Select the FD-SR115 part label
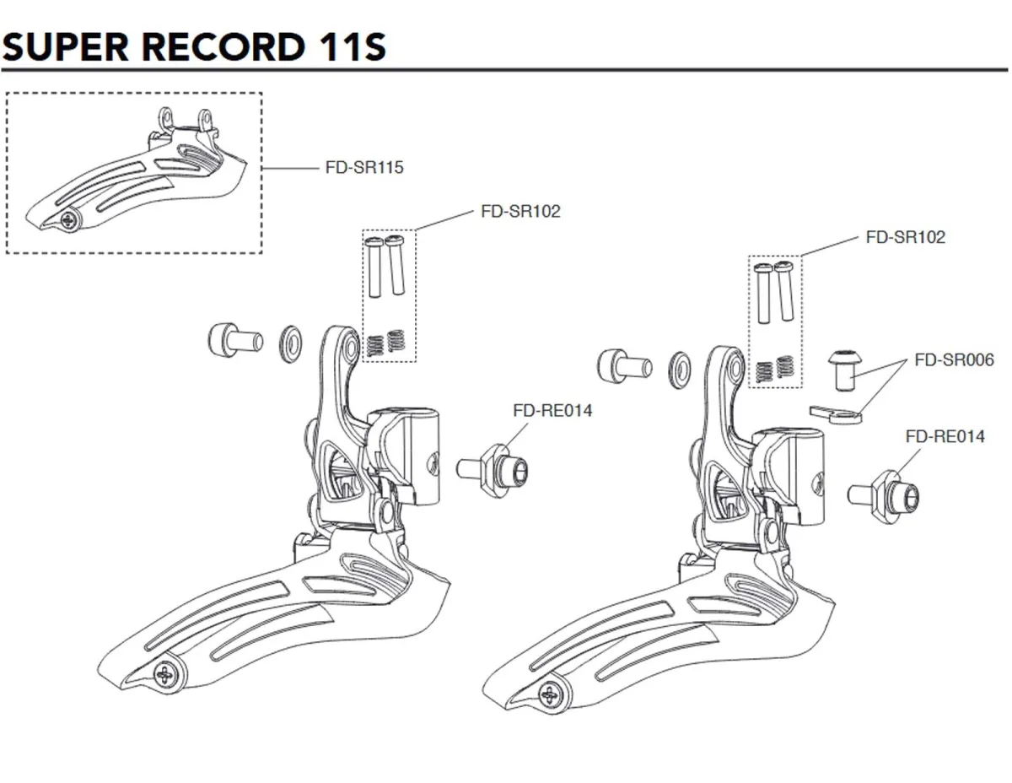364,168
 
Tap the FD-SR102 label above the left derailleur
520,211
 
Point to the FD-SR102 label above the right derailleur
905,237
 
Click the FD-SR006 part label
955,360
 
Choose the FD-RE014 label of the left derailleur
552,411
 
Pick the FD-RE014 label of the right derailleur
945,436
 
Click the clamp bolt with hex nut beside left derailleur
494,465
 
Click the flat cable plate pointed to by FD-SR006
837,413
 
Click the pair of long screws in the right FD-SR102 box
775,292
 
